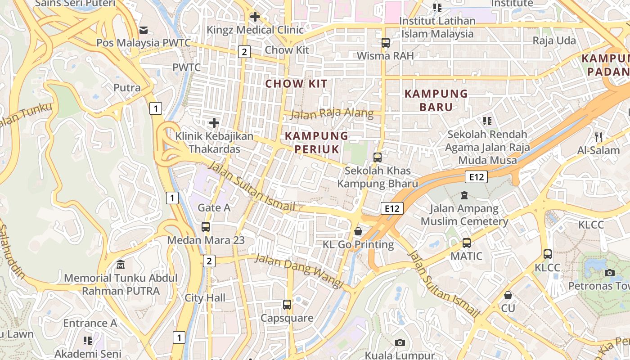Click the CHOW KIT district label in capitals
point(296,84)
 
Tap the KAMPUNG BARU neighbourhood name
point(436,100)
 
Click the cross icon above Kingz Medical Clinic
point(255,17)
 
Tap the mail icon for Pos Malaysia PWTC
point(144,30)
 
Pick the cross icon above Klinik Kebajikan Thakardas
point(214,122)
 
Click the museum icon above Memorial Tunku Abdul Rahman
point(121,265)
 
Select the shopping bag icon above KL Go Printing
point(358,231)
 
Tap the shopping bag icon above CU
point(508,295)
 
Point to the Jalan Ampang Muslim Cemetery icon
point(464,195)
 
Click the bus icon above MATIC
point(467,243)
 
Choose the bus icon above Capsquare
point(287,305)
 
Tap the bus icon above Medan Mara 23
point(206,227)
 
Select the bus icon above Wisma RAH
point(386,43)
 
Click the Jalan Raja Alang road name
point(332,113)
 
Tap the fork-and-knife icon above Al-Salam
point(598,137)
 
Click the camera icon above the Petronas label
point(610,273)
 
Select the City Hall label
point(205,298)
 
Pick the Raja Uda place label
point(554,40)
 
